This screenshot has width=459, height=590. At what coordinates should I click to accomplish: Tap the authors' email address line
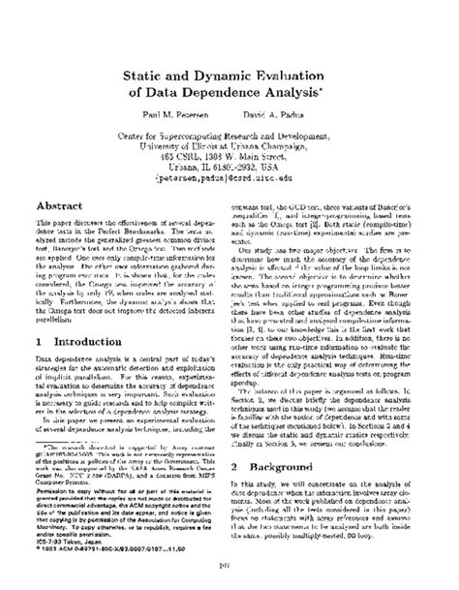tap(229, 176)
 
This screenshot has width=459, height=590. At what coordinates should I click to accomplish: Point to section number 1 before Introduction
tap(36, 316)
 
